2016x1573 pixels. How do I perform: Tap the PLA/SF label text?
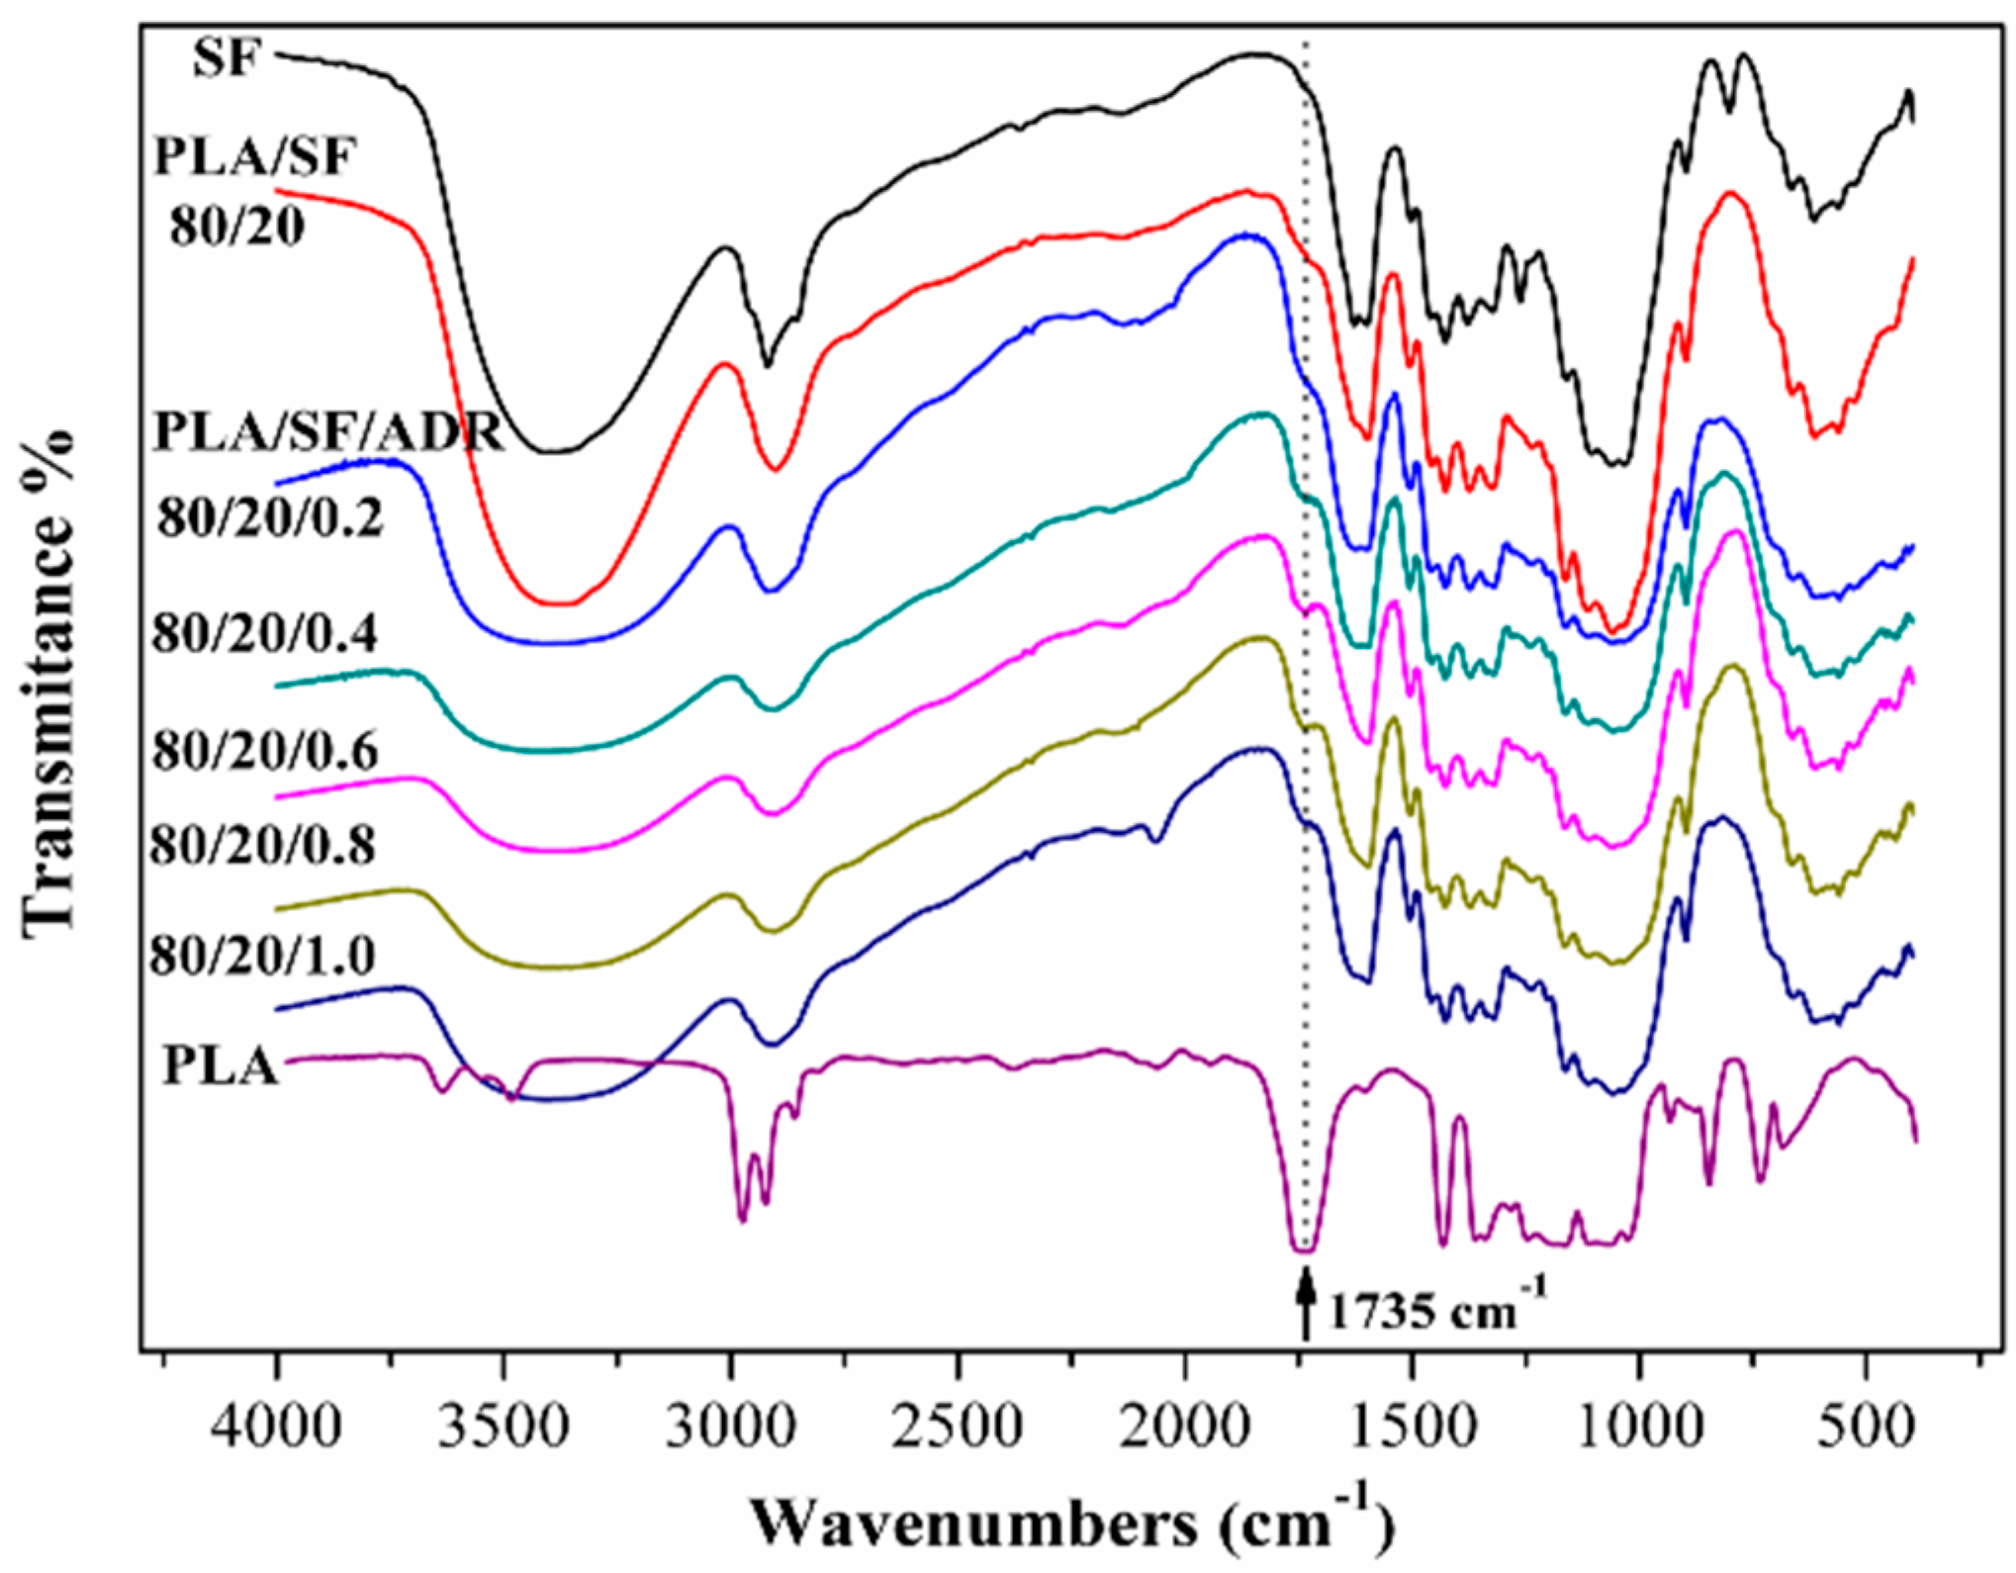pyautogui.click(x=254, y=156)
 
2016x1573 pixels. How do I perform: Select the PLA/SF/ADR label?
pyautogui.click(x=329, y=431)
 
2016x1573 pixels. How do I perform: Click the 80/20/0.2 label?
pyautogui.click(x=270, y=515)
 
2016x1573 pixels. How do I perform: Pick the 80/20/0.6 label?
pyautogui.click(x=264, y=752)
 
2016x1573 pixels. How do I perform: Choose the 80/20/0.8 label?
pyautogui.click(x=262, y=845)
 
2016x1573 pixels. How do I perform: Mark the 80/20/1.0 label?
pyautogui.click(x=262, y=956)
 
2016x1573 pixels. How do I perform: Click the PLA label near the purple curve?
pyautogui.click(x=220, y=1066)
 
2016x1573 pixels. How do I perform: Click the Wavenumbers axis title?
pyautogui.click(x=1073, y=1522)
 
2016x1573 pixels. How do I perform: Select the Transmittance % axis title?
pyautogui.click(x=49, y=683)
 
